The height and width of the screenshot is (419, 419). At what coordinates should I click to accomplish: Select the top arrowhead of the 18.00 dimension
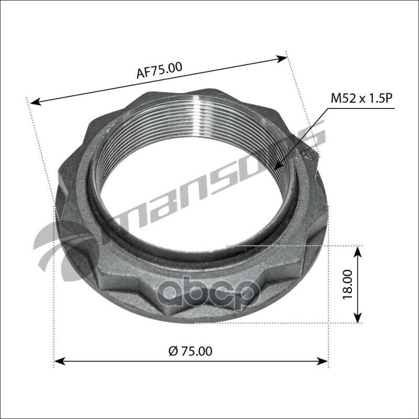click(x=358, y=250)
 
